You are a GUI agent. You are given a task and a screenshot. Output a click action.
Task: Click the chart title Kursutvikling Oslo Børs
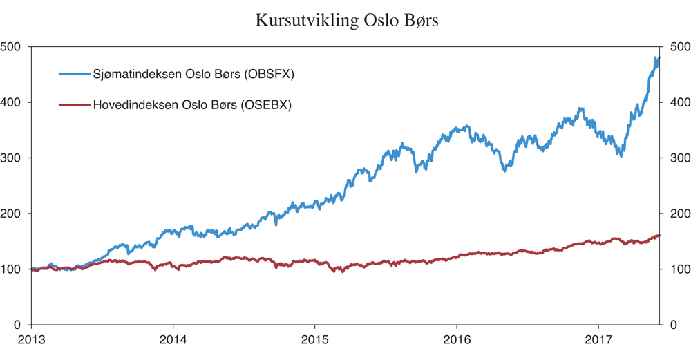point(346,19)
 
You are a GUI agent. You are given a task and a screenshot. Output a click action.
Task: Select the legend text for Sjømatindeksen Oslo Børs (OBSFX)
point(193,75)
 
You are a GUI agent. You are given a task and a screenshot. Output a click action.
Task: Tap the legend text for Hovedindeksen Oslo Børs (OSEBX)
point(192,106)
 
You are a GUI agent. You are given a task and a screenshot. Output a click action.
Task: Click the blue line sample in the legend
point(74,75)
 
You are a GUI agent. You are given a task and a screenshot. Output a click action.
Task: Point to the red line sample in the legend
point(74,106)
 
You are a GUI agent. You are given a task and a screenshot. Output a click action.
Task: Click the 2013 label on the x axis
point(31,340)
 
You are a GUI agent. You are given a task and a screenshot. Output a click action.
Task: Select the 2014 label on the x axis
point(173,340)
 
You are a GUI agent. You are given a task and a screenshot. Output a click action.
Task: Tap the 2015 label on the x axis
point(314,340)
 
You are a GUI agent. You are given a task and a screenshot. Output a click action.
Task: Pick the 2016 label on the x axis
point(456,340)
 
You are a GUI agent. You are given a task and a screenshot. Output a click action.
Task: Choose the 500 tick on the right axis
point(676,47)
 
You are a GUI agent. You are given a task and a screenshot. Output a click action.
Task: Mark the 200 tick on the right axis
point(676,214)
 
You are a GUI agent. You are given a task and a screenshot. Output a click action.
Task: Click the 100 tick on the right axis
point(676,269)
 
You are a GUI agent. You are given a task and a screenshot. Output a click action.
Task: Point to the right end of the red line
point(659,235)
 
